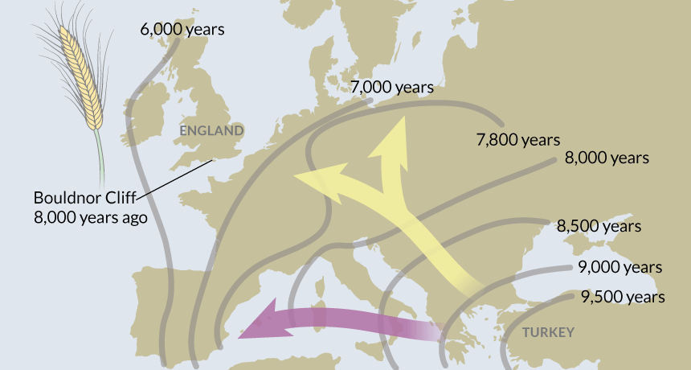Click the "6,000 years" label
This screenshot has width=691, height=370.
pyautogui.click(x=182, y=30)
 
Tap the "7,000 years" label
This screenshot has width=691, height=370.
pyautogui.click(x=392, y=87)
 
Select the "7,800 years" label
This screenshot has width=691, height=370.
pyautogui.click(x=518, y=140)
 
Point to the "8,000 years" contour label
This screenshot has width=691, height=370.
pyautogui.click(x=607, y=158)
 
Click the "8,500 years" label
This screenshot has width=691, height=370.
pyautogui.click(x=599, y=226)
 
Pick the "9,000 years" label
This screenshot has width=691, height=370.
pyautogui.click(x=619, y=267)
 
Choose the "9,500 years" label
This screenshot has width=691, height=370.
pyautogui.click(x=623, y=298)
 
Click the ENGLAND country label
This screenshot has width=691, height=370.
pyautogui.click(x=211, y=130)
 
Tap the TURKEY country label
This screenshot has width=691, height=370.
pyautogui.click(x=548, y=332)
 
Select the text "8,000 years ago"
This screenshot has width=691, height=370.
pyautogui.click(x=90, y=216)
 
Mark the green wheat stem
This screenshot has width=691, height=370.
pyautogui.click(x=100, y=157)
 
